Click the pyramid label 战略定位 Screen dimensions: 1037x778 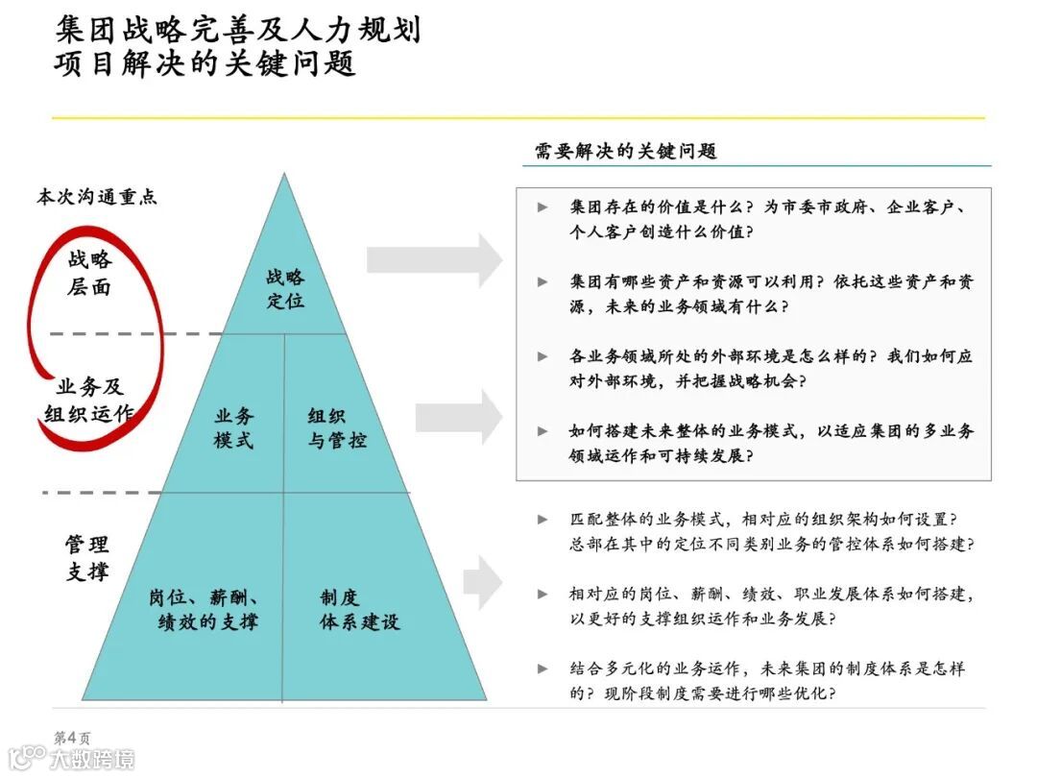[285, 288]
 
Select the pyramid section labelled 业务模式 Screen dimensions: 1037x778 [234, 428]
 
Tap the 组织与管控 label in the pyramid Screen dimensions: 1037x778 [336, 428]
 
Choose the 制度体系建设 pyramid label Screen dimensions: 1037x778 [358, 609]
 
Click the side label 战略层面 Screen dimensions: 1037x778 [89, 273]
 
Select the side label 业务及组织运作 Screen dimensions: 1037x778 [89, 401]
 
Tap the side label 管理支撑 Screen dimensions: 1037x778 [87, 558]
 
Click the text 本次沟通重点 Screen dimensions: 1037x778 [96, 197]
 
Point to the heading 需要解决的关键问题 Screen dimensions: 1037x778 [625, 151]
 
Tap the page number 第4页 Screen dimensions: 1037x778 [72, 738]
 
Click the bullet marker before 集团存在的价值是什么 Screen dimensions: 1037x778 [543, 207]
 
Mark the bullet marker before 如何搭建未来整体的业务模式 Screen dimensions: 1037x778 [543, 431]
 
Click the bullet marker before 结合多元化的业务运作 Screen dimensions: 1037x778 [543, 669]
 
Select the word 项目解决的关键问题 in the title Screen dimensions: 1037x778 [205, 63]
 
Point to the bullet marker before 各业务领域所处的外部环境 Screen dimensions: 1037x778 [543, 356]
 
